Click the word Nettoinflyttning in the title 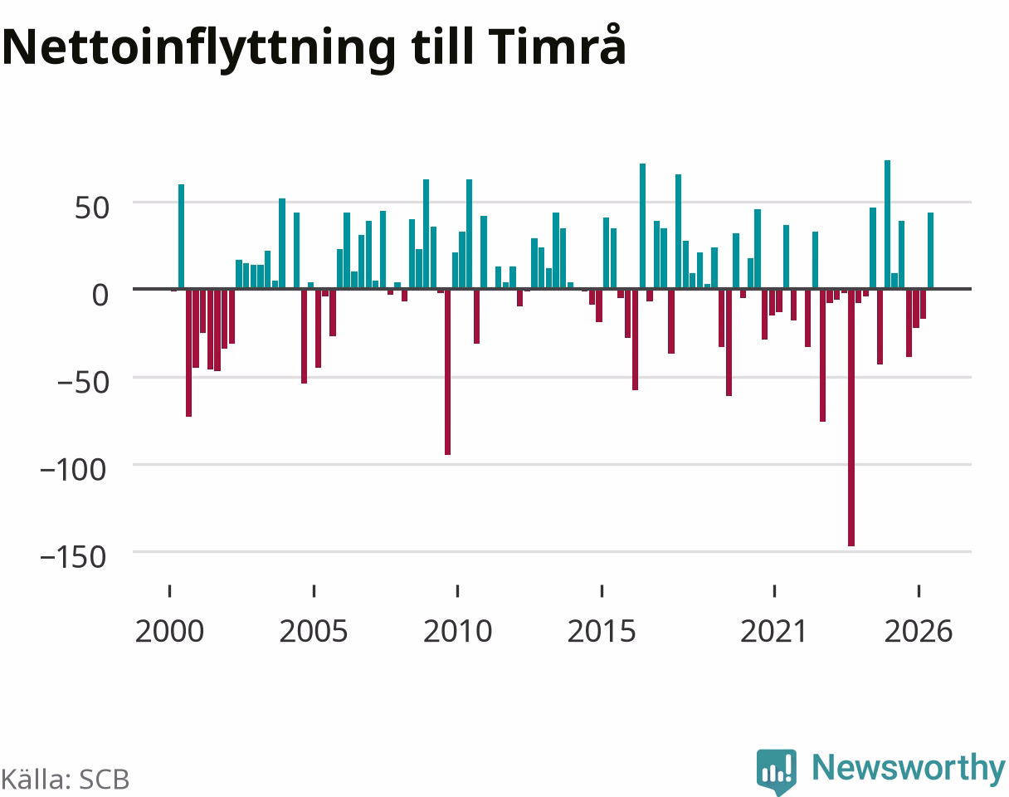pyautogui.click(x=199, y=49)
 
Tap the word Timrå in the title pyautogui.click(x=557, y=45)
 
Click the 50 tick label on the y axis pyautogui.click(x=92, y=208)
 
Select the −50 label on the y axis pyautogui.click(x=83, y=383)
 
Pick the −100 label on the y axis pyautogui.click(x=73, y=470)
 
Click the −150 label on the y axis pyautogui.click(x=73, y=557)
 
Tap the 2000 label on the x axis pyautogui.click(x=170, y=632)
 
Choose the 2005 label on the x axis pyautogui.click(x=314, y=632)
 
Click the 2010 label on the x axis pyautogui.click(x=457, y=632)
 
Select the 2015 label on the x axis pyautogui.click(x=602, y=632)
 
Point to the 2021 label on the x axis pyautogui.click(x=773, y=632)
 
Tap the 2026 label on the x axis pyautogui.click(x=919, y=632)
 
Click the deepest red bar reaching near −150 pyautogui.click(x=851, y=418)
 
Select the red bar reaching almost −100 pyautogui.click(x=448, y=372)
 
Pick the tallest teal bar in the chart pyautogui.click(x=888, y=224)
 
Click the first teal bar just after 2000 pyautogui.click(x=182, y=237)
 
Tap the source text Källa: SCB pyautogui.click(x=66, y=780)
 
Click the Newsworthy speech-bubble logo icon pyautogui.click(x=777, y=771)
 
